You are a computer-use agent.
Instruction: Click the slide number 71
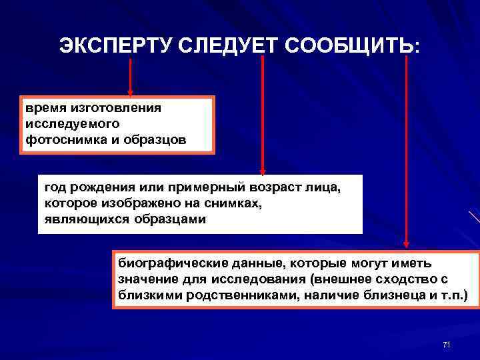(x=447, y=345)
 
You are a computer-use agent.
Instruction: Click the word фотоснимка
(x=61, y=140)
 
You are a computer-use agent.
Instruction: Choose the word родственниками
(x=243, y=295)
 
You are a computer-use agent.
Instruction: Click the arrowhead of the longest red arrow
(x=407, y=246)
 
